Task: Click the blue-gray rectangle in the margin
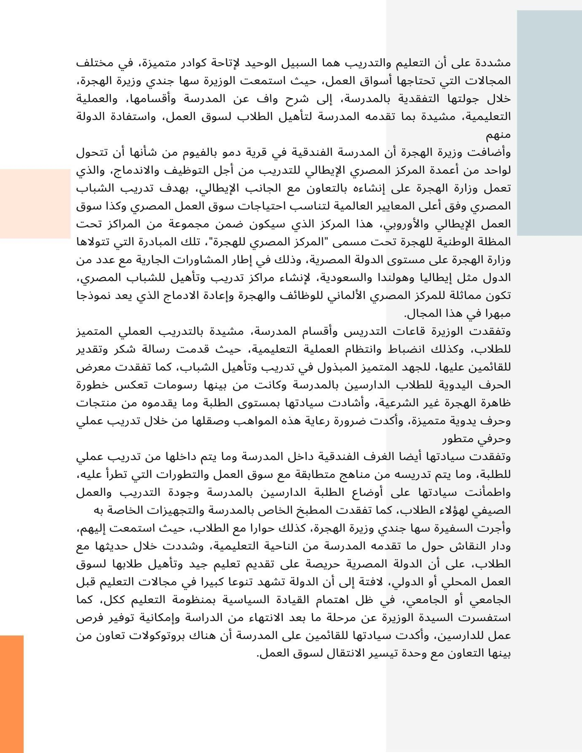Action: point(549,123)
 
